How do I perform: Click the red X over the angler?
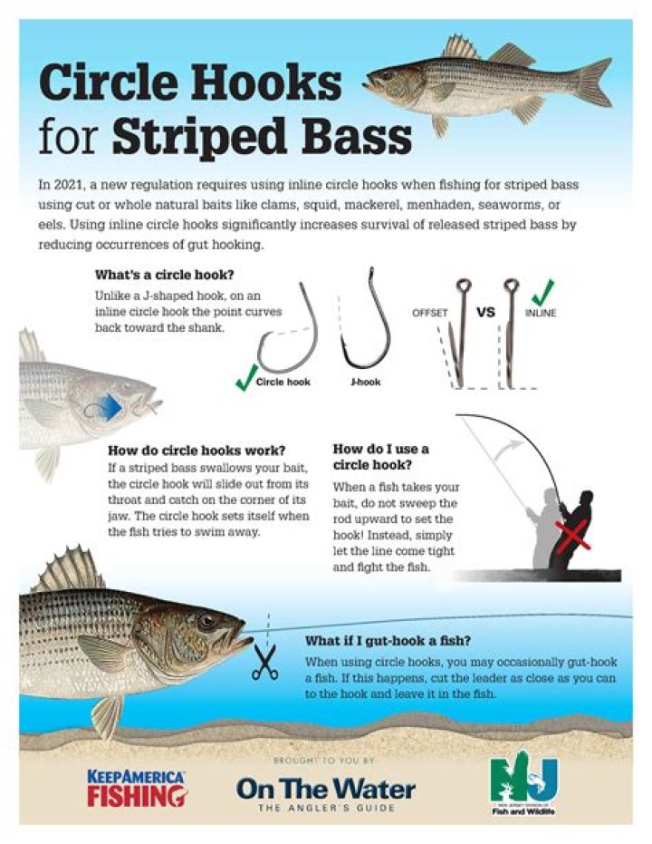[x=573, y=537]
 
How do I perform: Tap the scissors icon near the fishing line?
[x=265, y=662]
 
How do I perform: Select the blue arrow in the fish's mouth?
[x=109, y=407]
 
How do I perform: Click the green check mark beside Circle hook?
[x=245, y=378]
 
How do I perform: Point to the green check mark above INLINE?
[x=543, y=292]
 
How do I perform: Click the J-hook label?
[x=365, y=382]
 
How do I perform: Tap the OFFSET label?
[x=429, y=313]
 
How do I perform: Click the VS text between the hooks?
[x=485, y=312]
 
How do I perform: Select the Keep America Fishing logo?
[x=137, y=789]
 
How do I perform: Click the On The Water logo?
[x=326, y=793]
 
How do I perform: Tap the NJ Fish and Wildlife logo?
[x=523, y=787]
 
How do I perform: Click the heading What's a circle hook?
[x=165, y=275]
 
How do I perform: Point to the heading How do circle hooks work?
[x=197, y=450]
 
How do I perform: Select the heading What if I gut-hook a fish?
[x=388, y=641]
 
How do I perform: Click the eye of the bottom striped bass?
[x=206, y=622]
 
